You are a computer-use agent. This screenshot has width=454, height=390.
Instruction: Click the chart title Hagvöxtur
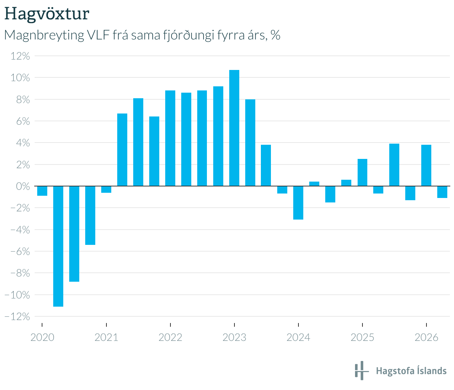pyautogui.click(x=47, y=14)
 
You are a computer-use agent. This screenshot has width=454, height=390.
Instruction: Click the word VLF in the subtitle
pyautogui.click(x=98, y=35)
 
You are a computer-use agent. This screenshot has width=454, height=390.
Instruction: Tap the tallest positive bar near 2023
pyautogui.click(x=234, y=128)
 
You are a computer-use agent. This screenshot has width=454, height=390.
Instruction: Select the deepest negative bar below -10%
pyautogui.click(x=58, y=246)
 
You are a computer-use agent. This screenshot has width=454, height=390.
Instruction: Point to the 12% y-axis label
pyautogui.click(x=20, y=56)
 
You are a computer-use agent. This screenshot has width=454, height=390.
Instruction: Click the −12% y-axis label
pyautogui.click(x=17, y=317)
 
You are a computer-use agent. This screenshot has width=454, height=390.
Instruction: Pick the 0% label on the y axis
pyautogui.click(x=23, y=186)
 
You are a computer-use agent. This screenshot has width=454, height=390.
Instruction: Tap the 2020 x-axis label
pyautogui.click(x=42, y=338)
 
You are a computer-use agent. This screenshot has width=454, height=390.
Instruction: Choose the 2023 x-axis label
pyautogui.click(x=234, y=338)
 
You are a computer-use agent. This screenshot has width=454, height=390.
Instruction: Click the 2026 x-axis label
pyautogui.click(x=426, y=338)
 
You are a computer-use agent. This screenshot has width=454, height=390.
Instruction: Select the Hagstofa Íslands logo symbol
pyautogui.click(x=362, y=370)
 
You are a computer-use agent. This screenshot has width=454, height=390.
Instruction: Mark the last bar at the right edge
pyautogui.click(x=442, y=192)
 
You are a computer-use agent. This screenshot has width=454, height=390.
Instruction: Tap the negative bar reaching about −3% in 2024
pyautogui.click(x=298, y=203)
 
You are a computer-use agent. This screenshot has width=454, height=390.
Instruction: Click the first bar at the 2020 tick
pyautogui.click(x=42, y=191)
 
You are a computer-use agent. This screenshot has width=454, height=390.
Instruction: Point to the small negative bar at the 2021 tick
pyautogui.click(x=106, y=189)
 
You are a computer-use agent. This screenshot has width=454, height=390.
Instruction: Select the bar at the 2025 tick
pyautogui.click(x=362, y=172)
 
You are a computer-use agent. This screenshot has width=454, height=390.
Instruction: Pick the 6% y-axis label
pyautogui.click(x=23, y=121)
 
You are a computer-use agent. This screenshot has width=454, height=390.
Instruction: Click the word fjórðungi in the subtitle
pyautogui.click(x=188, y=35)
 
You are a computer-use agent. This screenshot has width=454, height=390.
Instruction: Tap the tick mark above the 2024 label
pyautogui.click(x=298, y=325)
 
